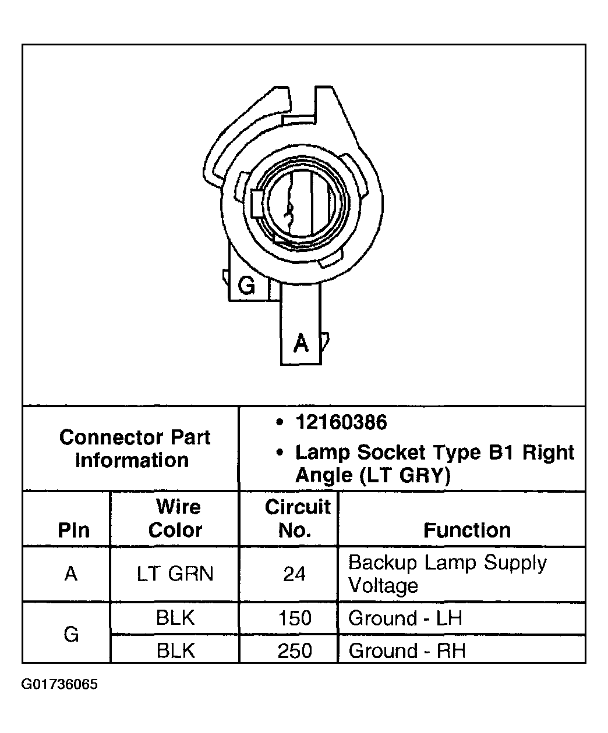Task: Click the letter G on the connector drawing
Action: tap(247, 286)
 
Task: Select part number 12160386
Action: tap(341, 422)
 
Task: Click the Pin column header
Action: tap(74, 530)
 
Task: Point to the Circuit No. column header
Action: tap(297, 518)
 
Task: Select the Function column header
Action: tap(466, 530)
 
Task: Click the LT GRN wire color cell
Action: tap(175, 574)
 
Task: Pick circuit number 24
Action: tap(294, 574)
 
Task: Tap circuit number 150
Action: tap(295, 618)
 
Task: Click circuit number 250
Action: tap(295, 650)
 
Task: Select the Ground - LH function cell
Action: tap(405, 618)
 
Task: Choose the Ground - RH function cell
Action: tap(407, 650)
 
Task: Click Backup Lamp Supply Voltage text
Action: tap(447, 574)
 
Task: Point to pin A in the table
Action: tap(71, 574)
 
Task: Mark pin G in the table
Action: tap(71, 634)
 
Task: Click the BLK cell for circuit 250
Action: tap(175, 650)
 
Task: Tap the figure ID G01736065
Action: tap(59, 684)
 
